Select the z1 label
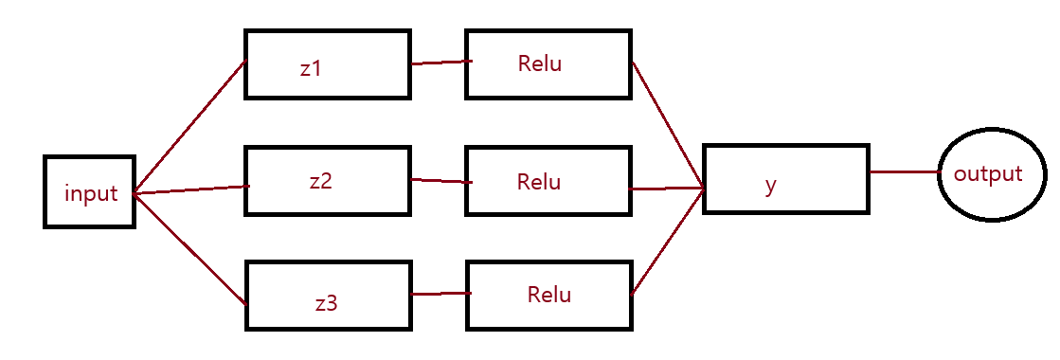click(x=311, y=68)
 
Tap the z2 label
click(x=320, y=182)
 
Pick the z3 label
click(x=326, y=302)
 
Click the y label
click(x=771, y=186)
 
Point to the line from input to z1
click(x=190, y=127)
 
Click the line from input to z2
click(x=192, y=189)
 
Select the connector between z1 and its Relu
click(x=440, y=63)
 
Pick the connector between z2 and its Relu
click(x=440, y=181)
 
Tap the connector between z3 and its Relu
click(x=440, y=294)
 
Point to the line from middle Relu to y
click(x=667, y=189)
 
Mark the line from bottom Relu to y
click(x=668, y=241)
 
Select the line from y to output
click(x=905, y=171)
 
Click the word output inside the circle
click(x=988, y=174)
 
